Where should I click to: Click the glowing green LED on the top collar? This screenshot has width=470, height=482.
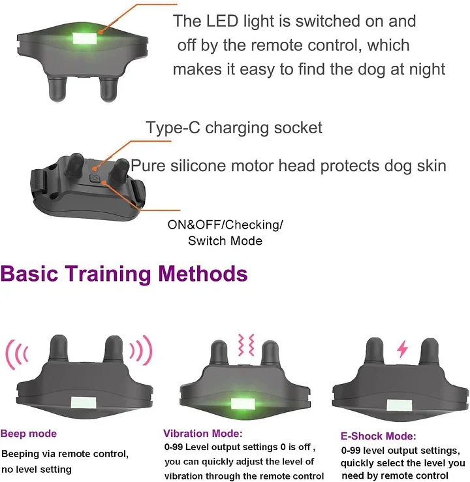click(x=84, y=39)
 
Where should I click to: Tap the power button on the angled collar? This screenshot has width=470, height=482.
click(x=95, y=178)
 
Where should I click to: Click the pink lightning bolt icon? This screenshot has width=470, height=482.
click(x=402, y=349)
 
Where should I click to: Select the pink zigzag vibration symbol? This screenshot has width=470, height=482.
click(x=246, y=345)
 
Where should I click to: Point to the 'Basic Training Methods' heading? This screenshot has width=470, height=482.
click(x=124, y=273)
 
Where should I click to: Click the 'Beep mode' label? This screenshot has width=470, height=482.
click(x=29, y=434)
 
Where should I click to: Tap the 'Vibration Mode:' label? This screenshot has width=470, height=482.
click(x=203, y=434)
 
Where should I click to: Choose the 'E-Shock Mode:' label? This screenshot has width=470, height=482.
click(x=379, y=436)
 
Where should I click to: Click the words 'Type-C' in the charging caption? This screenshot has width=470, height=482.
click(x=173, y=127)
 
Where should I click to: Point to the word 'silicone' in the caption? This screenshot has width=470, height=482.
click(x=198, y=166)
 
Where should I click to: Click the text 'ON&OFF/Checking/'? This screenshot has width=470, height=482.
click(x=225, y=225)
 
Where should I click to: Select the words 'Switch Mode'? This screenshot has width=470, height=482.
click(x=225, y=241)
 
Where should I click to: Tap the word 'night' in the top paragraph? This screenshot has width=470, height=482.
click(x=428, y=69)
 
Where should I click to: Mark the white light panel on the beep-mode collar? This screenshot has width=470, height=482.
click(x=84, y=402)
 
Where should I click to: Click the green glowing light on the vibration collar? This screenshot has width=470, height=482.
click(x=243, y=404)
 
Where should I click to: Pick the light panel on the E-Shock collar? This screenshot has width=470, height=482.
click(x=399, y=406)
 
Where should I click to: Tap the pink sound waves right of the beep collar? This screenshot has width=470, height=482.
click(x=142, y=350)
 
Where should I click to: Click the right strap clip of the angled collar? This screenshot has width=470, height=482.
click(x=138, y=194)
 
